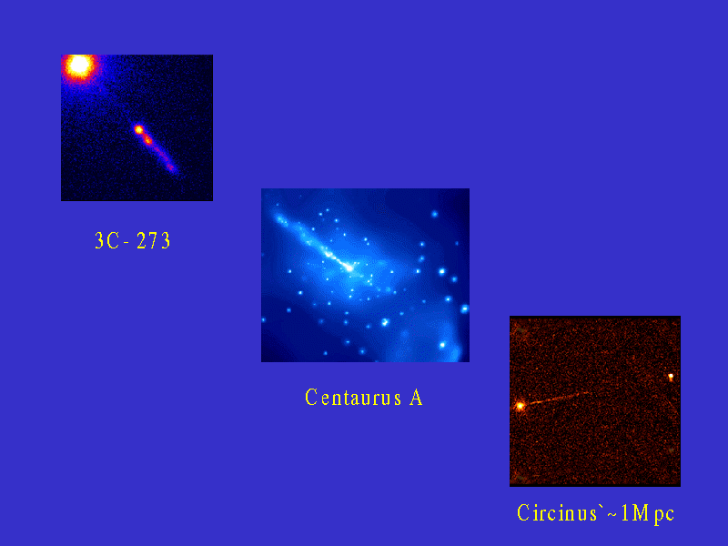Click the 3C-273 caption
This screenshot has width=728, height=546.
[133, 240]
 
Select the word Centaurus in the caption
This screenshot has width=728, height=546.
[353, 398]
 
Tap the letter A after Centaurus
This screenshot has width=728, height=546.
[416, 398]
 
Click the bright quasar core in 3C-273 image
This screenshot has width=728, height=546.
[79, 66]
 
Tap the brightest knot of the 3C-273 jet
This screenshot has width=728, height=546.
[139, 129]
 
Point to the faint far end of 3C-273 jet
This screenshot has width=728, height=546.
[172, 167]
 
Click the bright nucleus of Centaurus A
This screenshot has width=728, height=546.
[349, 268]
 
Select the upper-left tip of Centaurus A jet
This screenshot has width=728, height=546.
[278, 217]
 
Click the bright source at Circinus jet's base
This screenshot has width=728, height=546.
[521, 406]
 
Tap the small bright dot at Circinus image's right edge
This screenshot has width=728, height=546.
[671, 377]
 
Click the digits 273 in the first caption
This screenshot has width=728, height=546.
[154, 240]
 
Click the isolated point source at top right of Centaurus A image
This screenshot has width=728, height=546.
[435, 214]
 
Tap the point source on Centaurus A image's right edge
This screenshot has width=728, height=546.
[464, 308]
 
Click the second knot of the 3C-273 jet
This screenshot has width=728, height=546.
[148, 139]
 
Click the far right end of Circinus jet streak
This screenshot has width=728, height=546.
[589, 393]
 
